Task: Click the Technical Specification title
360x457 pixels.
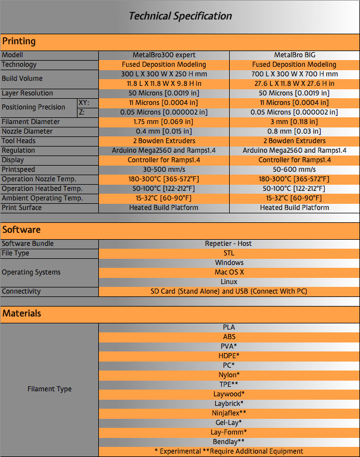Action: (x=180, y=16)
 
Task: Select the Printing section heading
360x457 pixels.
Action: (x=19, y=42)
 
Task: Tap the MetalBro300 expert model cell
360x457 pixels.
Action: (x=164, y=55)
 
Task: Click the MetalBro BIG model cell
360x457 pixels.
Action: (x=294, y=55)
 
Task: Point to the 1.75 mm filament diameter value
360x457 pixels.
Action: (x=164, y=122)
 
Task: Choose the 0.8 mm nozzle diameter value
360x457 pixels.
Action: (x=294, y=131)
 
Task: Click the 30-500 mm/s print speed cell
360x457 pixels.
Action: (x=164, y=170)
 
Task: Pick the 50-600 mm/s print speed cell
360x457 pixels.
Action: (x=294, y=170)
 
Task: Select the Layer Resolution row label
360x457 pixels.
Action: (x=28, y=93)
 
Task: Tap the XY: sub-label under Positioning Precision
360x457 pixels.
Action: (x=84, y=103)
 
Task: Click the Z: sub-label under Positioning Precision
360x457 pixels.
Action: (x=82, y=112)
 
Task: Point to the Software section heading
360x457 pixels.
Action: (x=21, y=230)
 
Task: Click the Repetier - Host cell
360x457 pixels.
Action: (x=229, y=244)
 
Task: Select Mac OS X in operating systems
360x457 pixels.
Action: (x=229, y=272)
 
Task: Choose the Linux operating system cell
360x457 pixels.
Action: (x=229, y=282)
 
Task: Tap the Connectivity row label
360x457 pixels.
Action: (x=21, y=291)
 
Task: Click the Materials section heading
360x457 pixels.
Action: (x=22, y=313)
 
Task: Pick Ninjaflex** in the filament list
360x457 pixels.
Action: (x=229, y=413)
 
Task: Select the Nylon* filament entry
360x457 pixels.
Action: (x=229, y=374)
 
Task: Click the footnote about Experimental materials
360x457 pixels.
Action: (x=229, y=451)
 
